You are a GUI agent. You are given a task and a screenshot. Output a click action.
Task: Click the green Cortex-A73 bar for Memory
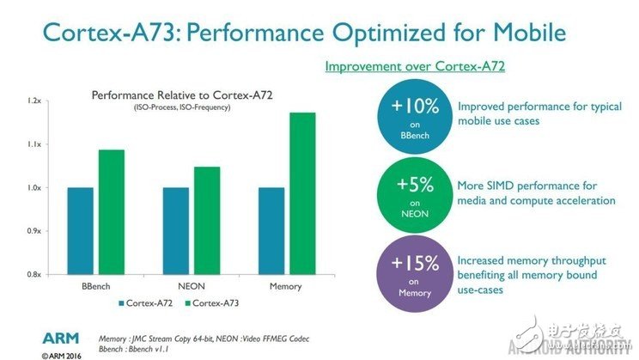pos(302,193)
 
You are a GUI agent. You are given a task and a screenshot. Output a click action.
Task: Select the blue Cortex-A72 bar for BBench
pos(80,230)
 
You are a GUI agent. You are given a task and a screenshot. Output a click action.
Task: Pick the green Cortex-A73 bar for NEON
pos(207,220)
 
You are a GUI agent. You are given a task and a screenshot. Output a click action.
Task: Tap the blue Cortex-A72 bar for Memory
pos(271,230)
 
